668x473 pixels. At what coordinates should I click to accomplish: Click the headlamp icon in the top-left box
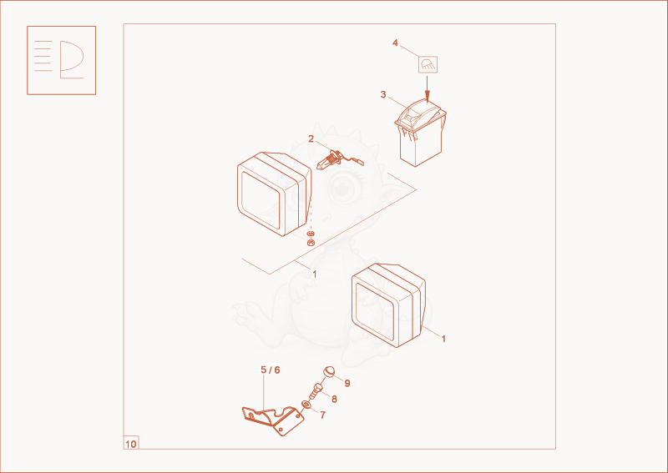(61, 60)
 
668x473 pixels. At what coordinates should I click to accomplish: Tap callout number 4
(395, 43)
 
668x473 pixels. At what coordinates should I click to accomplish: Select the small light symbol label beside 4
(428, 65)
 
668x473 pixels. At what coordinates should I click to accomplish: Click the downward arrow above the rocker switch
(428, 88)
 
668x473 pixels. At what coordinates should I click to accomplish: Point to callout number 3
(383, 94)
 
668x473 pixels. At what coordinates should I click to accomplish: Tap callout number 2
(311, 138)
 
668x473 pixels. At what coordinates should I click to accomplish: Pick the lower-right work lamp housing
(388, 305)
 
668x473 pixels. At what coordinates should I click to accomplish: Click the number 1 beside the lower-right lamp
(443, 339)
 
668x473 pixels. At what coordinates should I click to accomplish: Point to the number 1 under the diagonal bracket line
(315, 274)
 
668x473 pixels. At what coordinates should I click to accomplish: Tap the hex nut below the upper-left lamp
(311, 243)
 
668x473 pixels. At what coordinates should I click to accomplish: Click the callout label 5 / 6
(271, 370)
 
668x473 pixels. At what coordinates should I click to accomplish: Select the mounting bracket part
(273, 420)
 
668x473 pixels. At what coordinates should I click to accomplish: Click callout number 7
(323, 415)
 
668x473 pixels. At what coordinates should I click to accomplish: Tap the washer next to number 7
(306, 404)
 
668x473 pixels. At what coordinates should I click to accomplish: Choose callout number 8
(335, 400)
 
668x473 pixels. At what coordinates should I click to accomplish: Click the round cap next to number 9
(329, 372)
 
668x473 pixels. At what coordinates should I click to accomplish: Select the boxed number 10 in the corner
(131, 444)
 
